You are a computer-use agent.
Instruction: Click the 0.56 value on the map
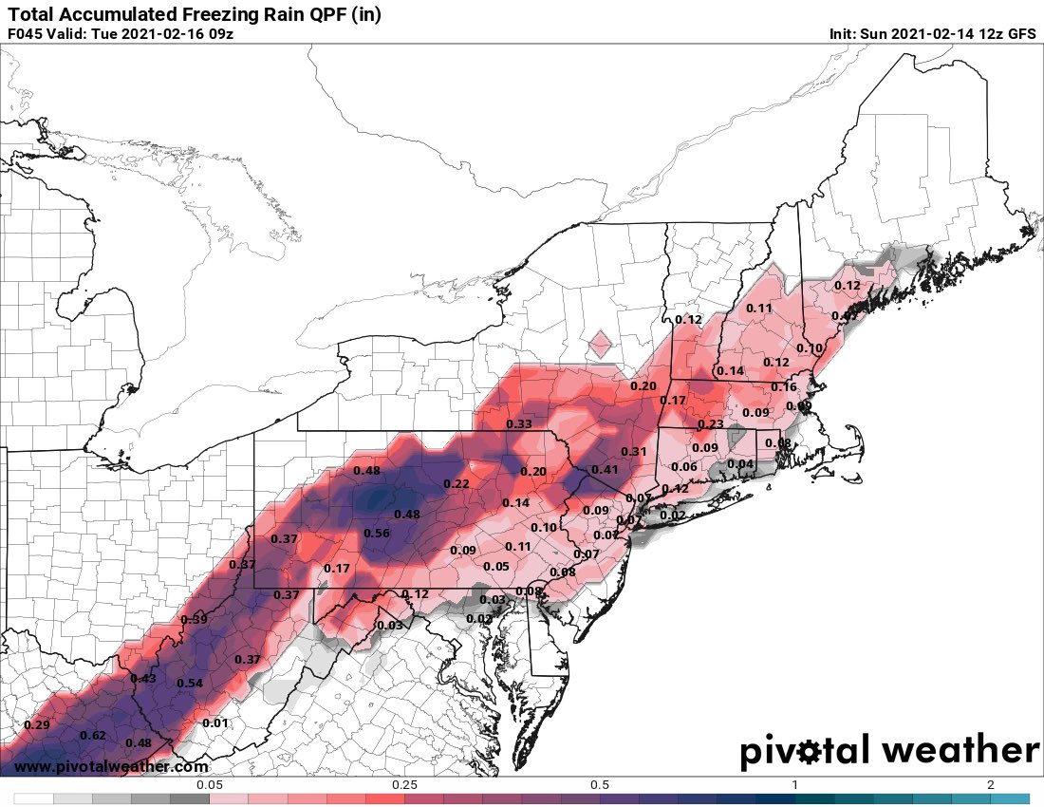(x=377, y=534)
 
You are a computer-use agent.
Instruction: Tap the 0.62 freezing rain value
(x=93, y=736)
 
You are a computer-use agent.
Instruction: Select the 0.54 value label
(x=190, y=684)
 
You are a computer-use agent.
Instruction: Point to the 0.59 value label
(x=195, y=620)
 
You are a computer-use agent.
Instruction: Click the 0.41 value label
(x=605, y=470)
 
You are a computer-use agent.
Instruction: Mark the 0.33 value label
(x=518, y=424)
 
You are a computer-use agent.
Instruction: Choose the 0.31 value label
(x=633, y=451)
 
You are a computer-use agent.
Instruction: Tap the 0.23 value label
(x=710, y=424)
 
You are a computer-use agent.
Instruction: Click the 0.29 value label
(x=36, y=725)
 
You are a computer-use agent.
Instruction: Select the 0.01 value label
(x=216, y=723)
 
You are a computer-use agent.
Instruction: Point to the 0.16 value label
(x=784, y=387)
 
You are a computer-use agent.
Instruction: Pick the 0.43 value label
(x=143, y=678)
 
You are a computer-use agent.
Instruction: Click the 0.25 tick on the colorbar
(x=404, y=785)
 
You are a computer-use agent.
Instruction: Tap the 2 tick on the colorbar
(x=990, y=785)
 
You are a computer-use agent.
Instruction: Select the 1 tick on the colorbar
(x=795, y=785)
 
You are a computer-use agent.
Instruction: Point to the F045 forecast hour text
(x=26, y=34)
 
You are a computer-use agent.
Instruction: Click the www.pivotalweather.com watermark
(x=111, y=767)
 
